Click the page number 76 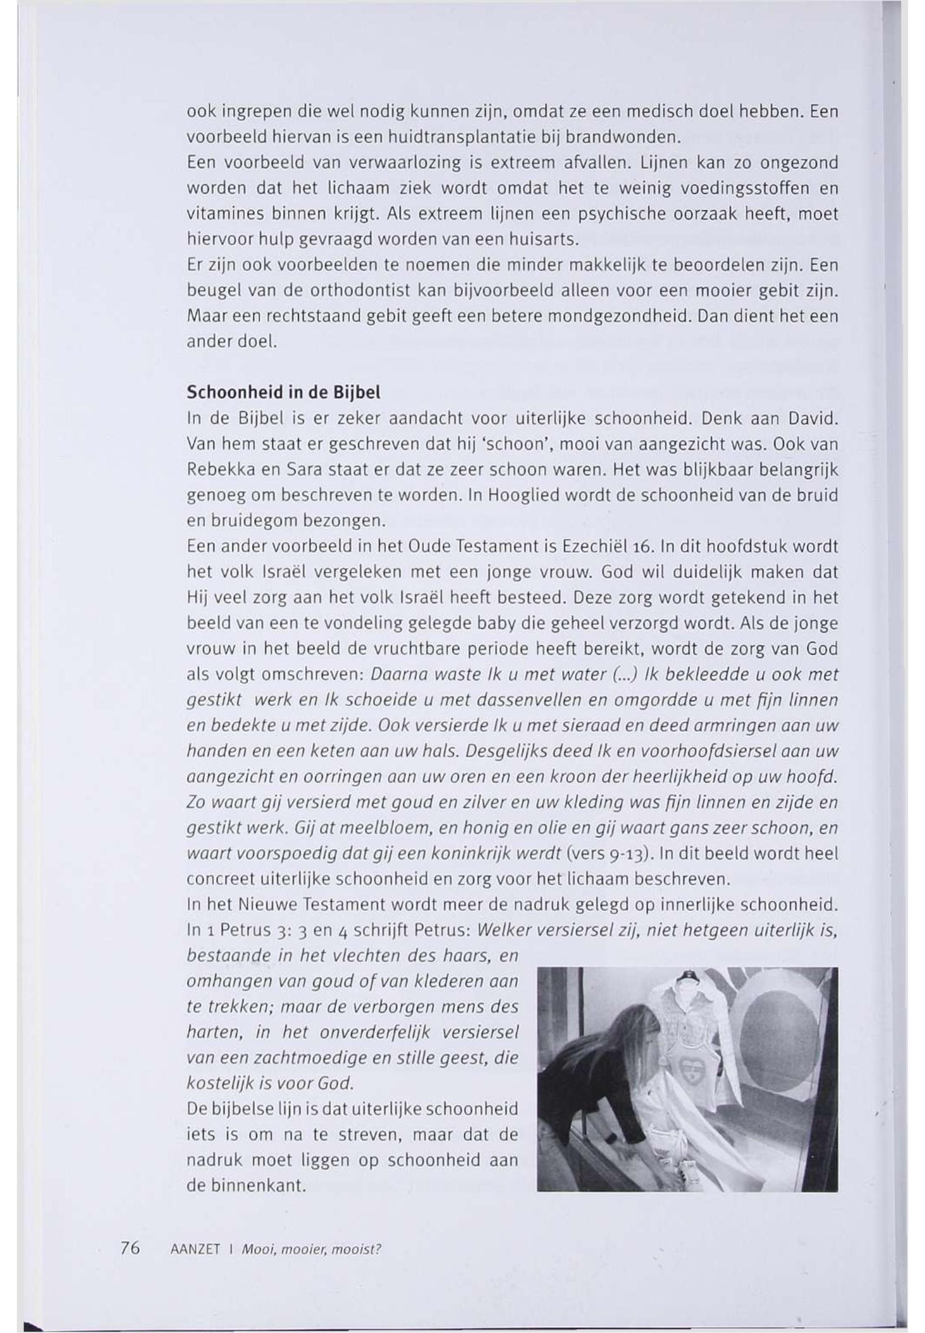point(130,1247)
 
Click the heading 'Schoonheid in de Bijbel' point(283,392)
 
